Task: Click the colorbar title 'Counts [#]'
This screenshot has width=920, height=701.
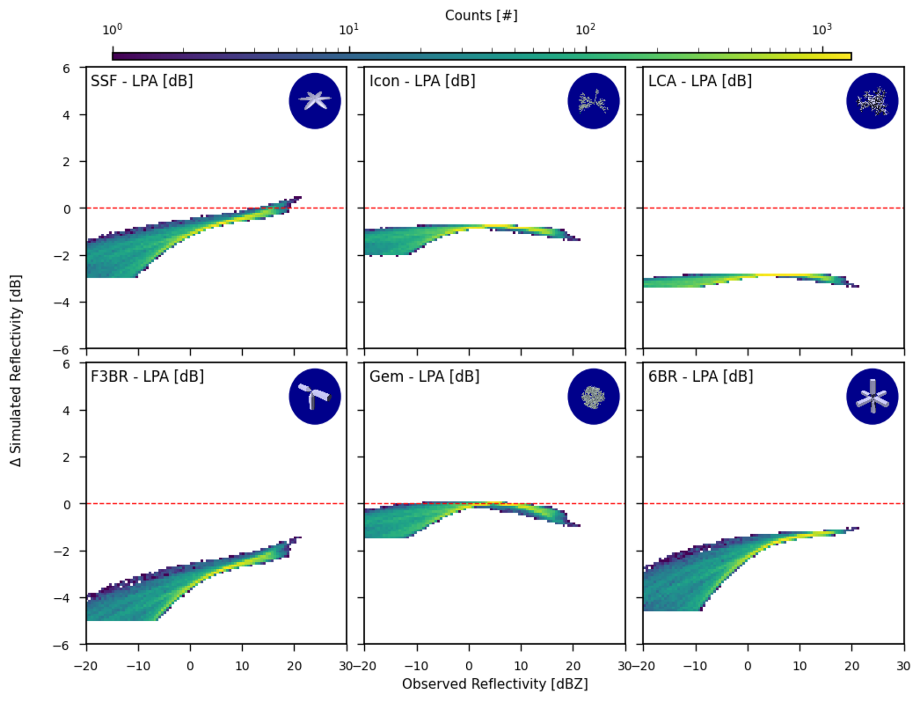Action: pyautogui.click(x=481, y=16)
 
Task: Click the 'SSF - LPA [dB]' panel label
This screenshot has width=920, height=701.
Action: pyautogui.click(x=142, y=81)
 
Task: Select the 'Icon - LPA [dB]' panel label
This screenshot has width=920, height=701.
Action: pyautogui.click(x=422, y=81)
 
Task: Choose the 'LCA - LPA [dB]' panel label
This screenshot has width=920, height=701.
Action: pyautogui.click(x=700, y=81)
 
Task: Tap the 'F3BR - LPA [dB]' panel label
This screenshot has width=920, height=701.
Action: pyautogui.click(x=147, y=376)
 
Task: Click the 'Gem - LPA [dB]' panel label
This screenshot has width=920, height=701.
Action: pyautogui.click(x=424, y=376)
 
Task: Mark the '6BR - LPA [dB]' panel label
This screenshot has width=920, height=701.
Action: pyautogui.click(x=701, y=376)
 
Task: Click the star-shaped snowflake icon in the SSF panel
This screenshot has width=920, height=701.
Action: pyautogui.click(x=315, y=101)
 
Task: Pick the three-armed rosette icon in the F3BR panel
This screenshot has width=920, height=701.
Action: pyautogui.click(x=315, y=396)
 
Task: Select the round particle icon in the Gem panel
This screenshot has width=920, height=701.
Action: pyautogui.click(x=593, y=396)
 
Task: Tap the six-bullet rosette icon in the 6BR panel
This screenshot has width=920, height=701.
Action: pyautogui.click(x=872, y=396)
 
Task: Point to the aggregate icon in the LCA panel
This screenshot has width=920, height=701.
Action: pyautogui.click(x=872, y=101)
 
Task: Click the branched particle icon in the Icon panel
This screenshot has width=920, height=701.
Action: pyautogui.click(x=593, y=101)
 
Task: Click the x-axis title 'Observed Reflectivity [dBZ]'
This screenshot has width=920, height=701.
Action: pyautogui.click(x=495, y=684)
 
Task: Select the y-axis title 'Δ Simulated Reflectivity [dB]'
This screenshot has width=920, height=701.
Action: pyautogui.click(x=16, y=370)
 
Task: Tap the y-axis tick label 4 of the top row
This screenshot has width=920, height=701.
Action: pyautogui.click(x=67, y=115)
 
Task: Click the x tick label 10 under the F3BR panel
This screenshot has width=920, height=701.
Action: pyautogui.click(x=242, y=666)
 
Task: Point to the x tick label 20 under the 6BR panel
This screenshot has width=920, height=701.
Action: pyautogui.click(x=851, y=666)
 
